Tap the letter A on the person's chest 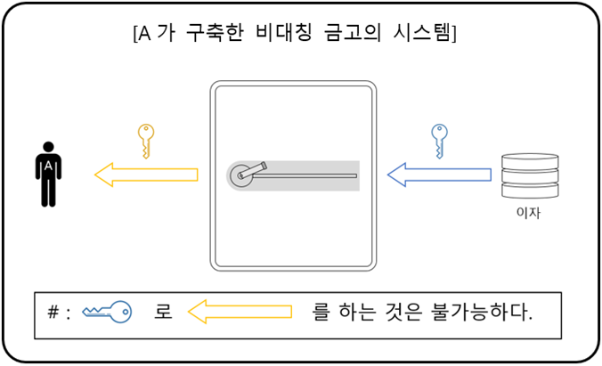tap(49, 166)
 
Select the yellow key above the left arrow tap(146, 140)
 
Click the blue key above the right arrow tap(438, 140)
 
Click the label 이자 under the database tap(529, 214)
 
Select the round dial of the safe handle tap(241, 175)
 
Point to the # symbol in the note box tap(54, 313)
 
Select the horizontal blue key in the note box tap(107, 313)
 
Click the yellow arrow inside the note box tap(241, 313)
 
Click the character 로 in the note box tap(163, 313)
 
